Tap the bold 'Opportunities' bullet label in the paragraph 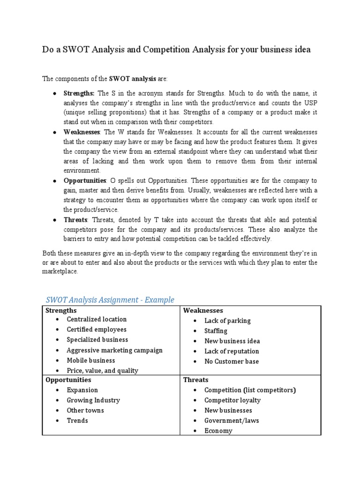tap(85, 180)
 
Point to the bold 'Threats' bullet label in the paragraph tap(75, 219)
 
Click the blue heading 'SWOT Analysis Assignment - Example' tap(110, 300)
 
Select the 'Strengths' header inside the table tap(61, 310)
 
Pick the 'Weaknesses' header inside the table tap(203, 310)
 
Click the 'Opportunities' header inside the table tap(68, 380)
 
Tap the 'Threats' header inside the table tap(195, 380)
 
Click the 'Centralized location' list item tap(97, 319)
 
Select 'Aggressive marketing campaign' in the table tap(114, 350)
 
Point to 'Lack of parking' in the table tap(227, 321)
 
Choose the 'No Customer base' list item tap(231, 361)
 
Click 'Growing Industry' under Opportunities tap(93, 400)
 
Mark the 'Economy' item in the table tap(218, 430)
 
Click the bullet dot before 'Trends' tap(57, 420)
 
